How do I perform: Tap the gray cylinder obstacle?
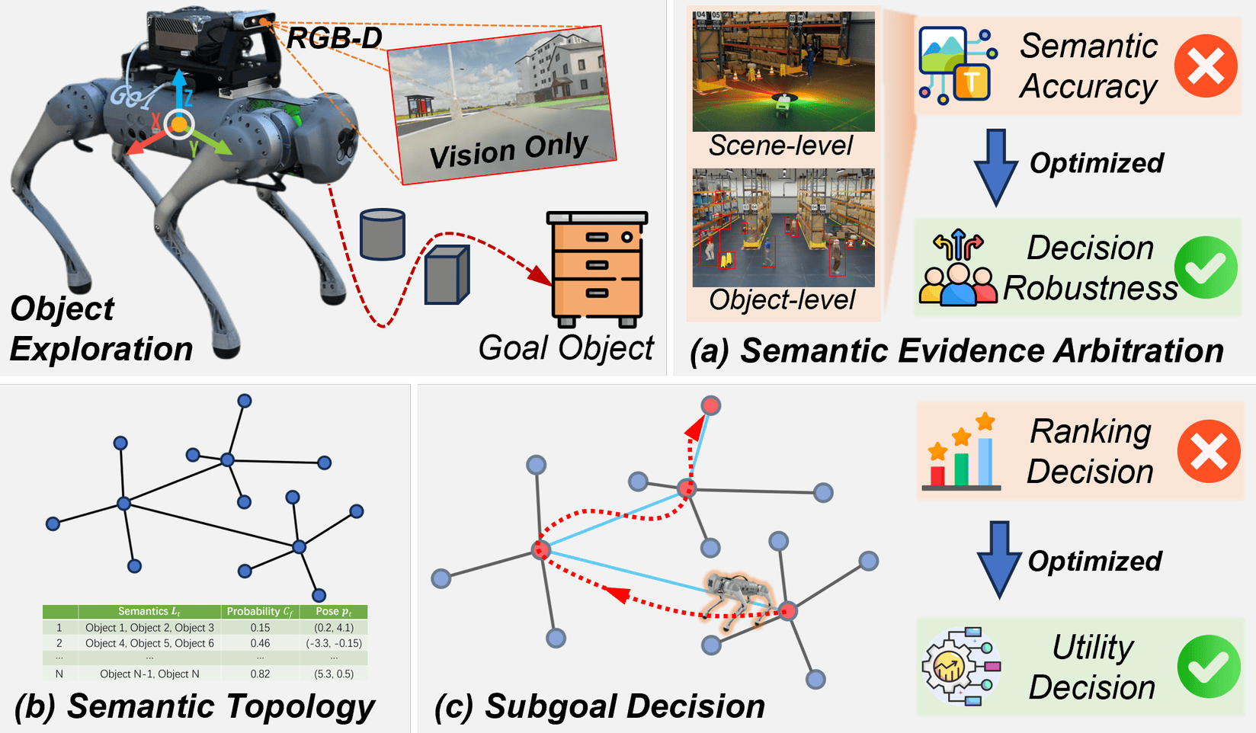pos(382,234)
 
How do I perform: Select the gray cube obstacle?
pos(447,275)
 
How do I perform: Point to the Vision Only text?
pos(508,150)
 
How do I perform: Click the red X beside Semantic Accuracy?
pos(1205,66)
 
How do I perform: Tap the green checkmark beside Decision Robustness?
pos(1205,267)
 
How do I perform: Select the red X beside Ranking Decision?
pos(1208,451)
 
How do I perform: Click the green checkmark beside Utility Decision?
pos(1208,666)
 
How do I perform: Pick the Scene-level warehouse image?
pos(783,72)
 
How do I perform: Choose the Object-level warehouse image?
pos(783,228)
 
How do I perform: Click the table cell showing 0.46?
pos(260,643)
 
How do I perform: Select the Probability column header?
pos(259,611)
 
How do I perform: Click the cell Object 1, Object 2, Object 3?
pos(149,628)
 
